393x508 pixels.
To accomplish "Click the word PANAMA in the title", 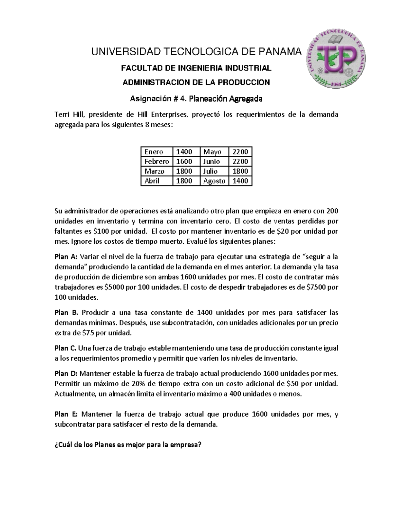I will pyautogui.click(x=280, y=52).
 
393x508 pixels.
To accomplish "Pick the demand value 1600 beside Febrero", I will pyautogui.click(x=184, y=162).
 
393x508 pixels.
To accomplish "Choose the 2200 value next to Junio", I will pyautogui.click(x=240, y=162).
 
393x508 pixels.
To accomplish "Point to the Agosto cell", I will pyautogui.click(x=214, y=181).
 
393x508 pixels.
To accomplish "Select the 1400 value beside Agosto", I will pyautogui.click(x=240, y=181).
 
